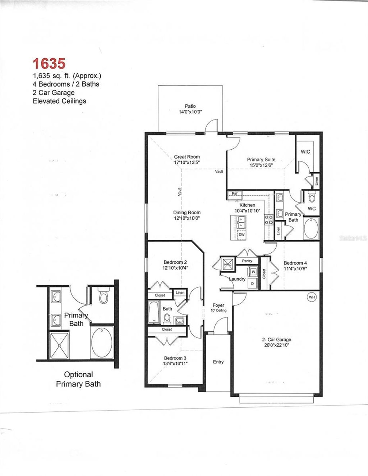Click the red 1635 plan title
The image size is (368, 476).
(x=49, y=64)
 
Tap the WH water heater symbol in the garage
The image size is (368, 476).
(x=311, y=297)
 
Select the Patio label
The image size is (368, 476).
(x=190, y=106)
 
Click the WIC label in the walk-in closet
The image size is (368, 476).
(x=305, y=151)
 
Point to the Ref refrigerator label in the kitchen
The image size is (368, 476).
(x=235, y=194)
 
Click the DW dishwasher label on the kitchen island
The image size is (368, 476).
(x=241, y=235)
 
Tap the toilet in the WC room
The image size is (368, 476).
(x=312, y=197)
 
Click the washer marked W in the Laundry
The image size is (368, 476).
(x=253, y=272)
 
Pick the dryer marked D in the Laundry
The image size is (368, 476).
(x=253, y=283)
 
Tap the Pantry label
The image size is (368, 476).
(x=247, y=261)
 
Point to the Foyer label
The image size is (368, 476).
(x=218, y=305)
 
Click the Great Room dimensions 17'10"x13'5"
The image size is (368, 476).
(x=187, y=162)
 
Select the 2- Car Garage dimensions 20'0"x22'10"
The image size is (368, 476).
(x=277, y=345)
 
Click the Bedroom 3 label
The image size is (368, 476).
(x=175, y=358)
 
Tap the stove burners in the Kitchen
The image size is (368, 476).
(x=268, y=219)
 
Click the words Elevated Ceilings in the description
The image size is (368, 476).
(x=59, y=101)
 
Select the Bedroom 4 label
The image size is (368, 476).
(x=295, y=263)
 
